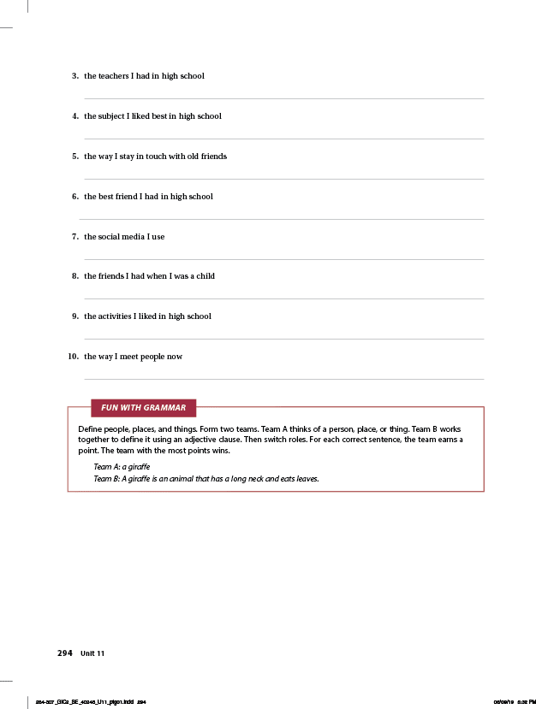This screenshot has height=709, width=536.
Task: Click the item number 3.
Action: click(75, 76)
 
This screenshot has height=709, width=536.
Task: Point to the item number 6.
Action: click(75, 197)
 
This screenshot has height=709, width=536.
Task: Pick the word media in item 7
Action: click(134, 237)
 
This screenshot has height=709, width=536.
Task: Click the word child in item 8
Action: click(205, 276)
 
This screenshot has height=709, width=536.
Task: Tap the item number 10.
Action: click(74, 357)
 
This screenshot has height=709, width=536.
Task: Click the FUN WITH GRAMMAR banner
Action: click(143, 408)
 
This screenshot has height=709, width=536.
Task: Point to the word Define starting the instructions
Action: click(91, 428)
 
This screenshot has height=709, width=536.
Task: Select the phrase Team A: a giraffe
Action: click(122, 467)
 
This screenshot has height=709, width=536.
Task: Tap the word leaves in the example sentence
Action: click(307, 479)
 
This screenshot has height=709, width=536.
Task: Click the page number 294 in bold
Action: click(65, 653)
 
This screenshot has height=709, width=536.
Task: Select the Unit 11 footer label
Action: click(92, 654)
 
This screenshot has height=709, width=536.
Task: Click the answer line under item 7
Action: click(283, 259)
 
